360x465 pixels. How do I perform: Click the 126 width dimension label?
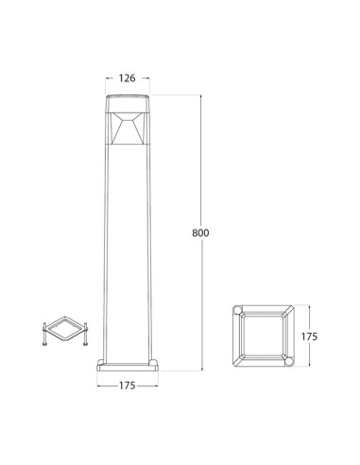pyautogui.click(x=127, y=78)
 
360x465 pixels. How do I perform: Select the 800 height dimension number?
pyautogui.click(x=200, y=232)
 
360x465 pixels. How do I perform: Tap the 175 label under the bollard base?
pyautogui.click(x=127, y=386)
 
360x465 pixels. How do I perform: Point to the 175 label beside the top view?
pyautogui.click(x=309, y=336)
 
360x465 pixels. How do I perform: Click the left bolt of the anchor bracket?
pyautogui.click(x=44, y=334)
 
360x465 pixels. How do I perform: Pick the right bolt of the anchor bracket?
pyautogui.click(x=85, y=334)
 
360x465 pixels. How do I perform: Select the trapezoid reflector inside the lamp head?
pyautogui.click(x=128, y=129)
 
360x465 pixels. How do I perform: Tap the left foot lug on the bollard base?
pyautogui.click(x=100, y=362)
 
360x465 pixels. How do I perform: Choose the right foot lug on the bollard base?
pyautogui.click(x=153, y=362)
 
